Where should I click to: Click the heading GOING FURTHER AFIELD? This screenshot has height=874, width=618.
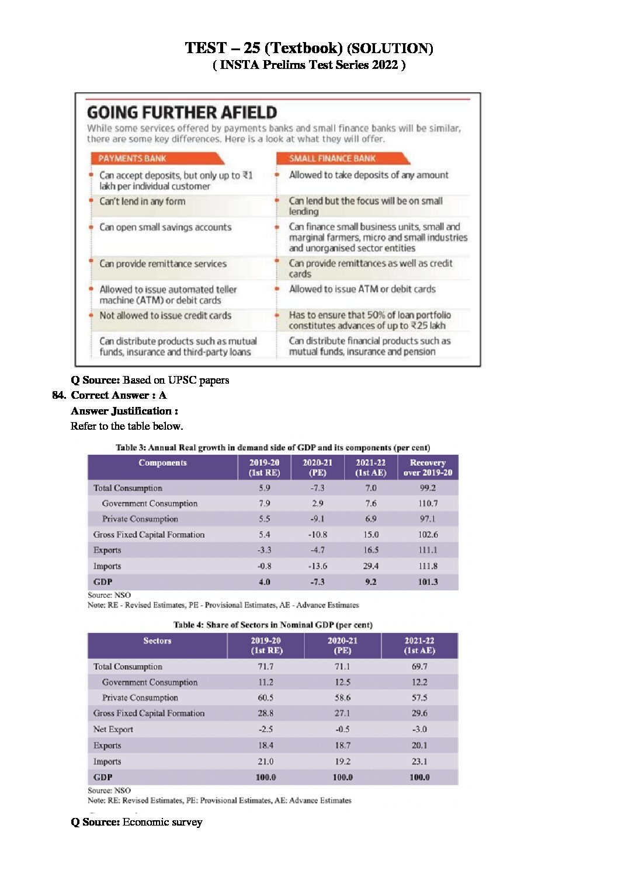[x=182, y=112]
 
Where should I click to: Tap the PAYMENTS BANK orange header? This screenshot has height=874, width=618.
[x=132, y=158]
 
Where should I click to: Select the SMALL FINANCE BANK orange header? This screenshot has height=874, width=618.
[x=332, y=158]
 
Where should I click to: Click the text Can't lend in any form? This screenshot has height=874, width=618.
[x=142, y=201]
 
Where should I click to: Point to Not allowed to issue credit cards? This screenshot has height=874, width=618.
[x=165, y=315]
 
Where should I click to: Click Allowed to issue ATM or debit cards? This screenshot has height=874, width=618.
[x=362, y=289]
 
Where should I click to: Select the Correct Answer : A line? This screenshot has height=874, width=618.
[x=119, y=395]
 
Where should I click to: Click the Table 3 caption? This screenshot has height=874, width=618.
[x=273, y=448]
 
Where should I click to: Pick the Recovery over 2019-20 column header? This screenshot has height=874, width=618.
[x=428, y=468]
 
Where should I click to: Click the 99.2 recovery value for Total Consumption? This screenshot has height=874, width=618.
[x=428, y=488]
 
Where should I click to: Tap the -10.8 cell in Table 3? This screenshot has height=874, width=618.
[x=318, y=535]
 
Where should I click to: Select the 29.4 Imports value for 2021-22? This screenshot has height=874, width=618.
[x=371, y=566]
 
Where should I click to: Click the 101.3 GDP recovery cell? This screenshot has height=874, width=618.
[x=428, y=582]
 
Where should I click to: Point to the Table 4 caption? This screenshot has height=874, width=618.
[x=273, y=625]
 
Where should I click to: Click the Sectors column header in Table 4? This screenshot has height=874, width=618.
[x=157, y=641]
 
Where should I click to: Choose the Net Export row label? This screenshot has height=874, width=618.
[x=113, y=729]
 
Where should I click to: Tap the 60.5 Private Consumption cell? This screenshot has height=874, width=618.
[x=266, y=698]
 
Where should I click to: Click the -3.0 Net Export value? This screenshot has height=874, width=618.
[x=419, y=729]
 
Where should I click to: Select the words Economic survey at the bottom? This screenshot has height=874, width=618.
[x=162, y=822]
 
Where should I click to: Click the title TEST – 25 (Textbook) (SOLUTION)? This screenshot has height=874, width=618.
[x=309, y=48]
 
